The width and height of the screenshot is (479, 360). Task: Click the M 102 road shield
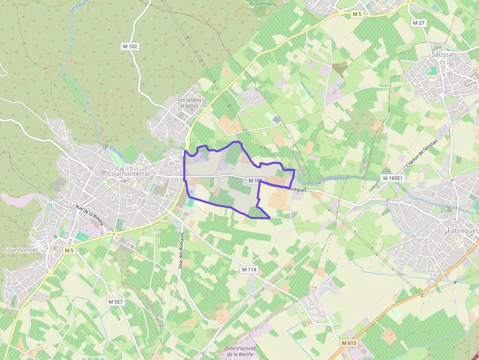(x=130, y=46)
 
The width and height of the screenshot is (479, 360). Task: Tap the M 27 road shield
(x=418, y=23)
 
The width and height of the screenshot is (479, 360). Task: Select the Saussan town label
(x=443, y=55)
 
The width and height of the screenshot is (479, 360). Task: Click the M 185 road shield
(x=255, y=180)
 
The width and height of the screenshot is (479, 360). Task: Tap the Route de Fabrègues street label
(x=285, y=186)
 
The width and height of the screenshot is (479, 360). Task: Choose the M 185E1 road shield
(x=393, y=178)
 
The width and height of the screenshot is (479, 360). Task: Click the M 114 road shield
(x=249, y=269)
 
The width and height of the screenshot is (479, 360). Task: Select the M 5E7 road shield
(x=116, y=302)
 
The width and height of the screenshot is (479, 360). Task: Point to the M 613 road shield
(x=349, y=343)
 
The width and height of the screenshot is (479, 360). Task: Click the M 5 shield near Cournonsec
(x=69, y=250)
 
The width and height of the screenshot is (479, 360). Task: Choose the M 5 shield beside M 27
(x=357, y=15)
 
